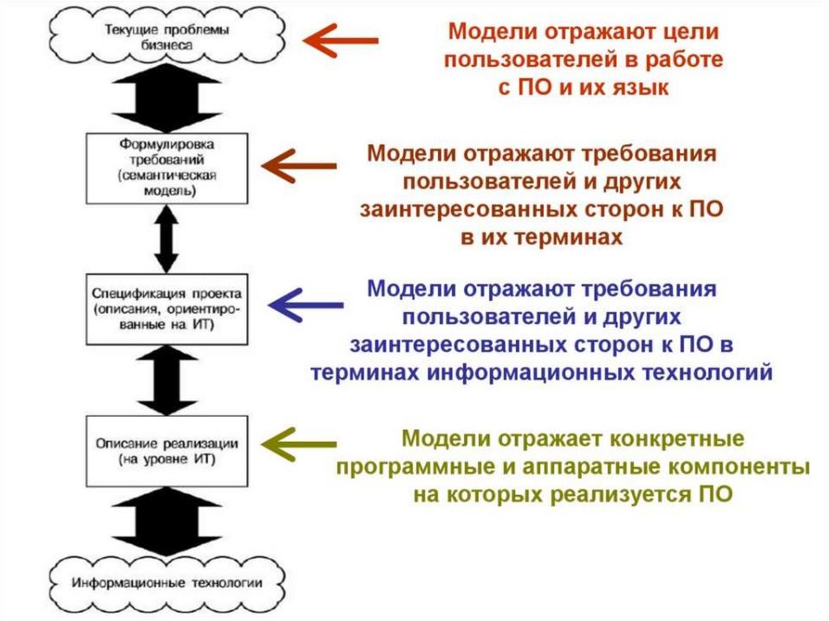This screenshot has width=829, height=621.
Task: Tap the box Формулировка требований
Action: (x=166, y=168)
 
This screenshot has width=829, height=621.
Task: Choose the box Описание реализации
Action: (x=166, y=450)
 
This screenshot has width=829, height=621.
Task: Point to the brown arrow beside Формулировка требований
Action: (x=300, y=166)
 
